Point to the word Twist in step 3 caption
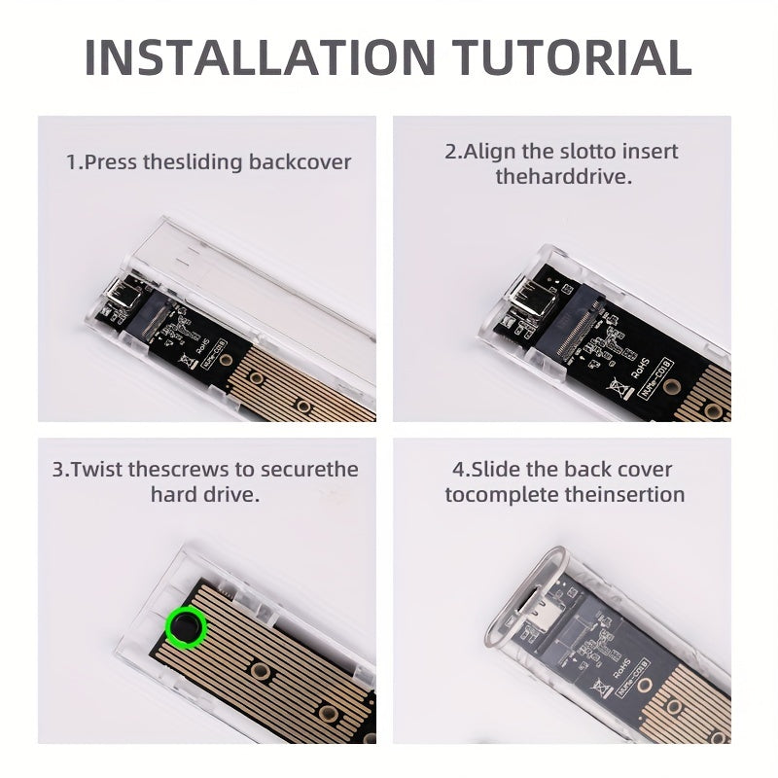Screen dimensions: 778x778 (x=100, y=470)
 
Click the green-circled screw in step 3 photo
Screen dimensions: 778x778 (x=185, y=627)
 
